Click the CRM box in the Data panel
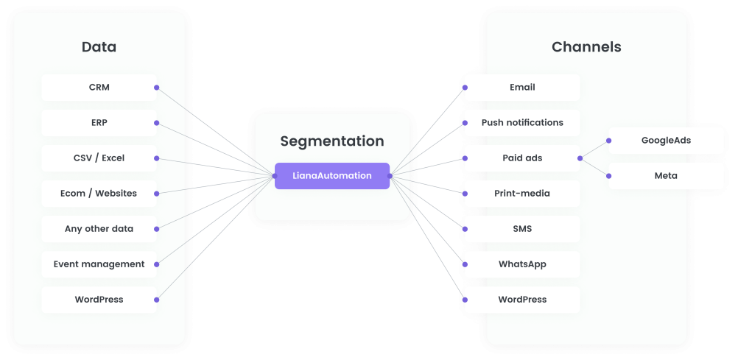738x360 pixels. click(x=99, y=88)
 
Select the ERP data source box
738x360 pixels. click(x=99, y=123)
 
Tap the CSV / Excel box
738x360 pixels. click(x=99, y=158)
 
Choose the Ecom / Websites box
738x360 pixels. click(x=99, y=194)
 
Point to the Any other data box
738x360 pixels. click(x=99, y=229)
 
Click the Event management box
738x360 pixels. click(x=99, y=264)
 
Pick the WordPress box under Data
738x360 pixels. click(x=99, y=300)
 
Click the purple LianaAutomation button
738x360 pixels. click(x=332, y=176)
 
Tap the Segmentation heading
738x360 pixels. click(x=332, y=141)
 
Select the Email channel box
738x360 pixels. click(x=522, y=88)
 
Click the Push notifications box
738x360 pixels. click(x=522, y=123)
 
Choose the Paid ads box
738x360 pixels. click(x=522, y=158)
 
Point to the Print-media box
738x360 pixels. click(x=522, y=194)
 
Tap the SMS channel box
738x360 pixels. click(x=522, y=229)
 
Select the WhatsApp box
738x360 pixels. click(x=522, y=264)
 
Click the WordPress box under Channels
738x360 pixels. click(x=522, y=300)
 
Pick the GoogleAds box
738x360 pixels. click(x=666, y=141)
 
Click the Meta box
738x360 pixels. click(x=666, y=176)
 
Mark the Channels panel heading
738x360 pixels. click(x=586, y=47)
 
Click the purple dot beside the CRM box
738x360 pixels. click(x=157, y=88)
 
